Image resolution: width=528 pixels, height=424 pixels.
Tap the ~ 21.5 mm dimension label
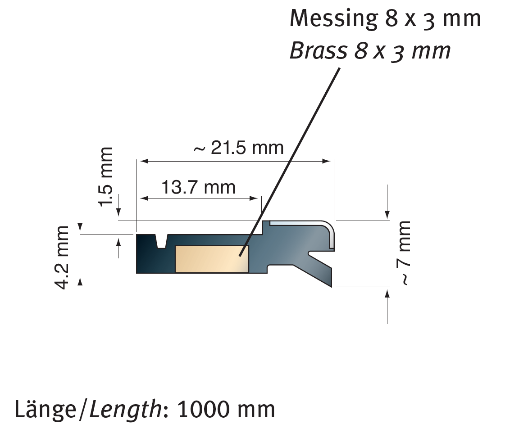238,148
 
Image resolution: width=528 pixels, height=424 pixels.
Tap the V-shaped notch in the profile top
161,241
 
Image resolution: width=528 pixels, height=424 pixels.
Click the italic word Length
124,409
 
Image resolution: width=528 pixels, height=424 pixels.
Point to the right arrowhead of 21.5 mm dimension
328,161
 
